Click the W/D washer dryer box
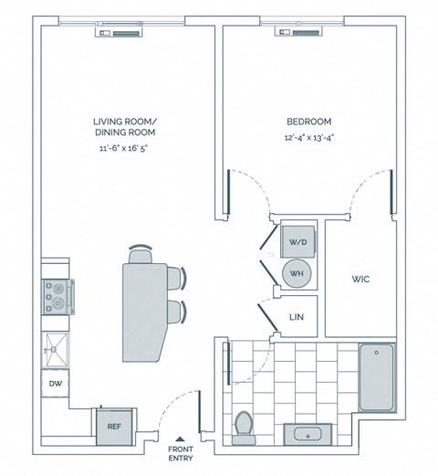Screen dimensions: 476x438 [298, 242]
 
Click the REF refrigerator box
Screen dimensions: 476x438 [114, 424]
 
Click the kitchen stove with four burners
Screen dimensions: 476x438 [57, 295]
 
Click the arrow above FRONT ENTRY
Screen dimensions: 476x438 [181, 439]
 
